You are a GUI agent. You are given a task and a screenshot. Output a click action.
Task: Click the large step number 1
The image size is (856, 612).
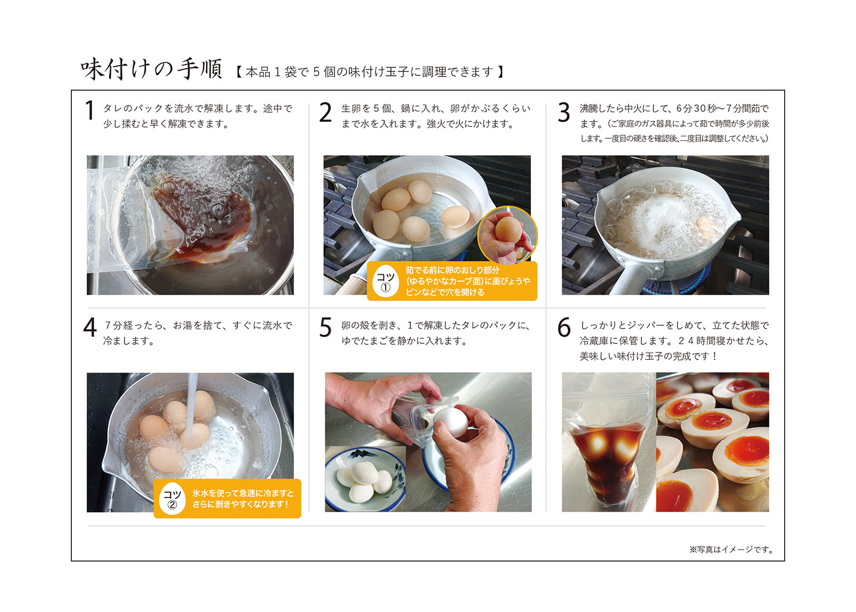90,111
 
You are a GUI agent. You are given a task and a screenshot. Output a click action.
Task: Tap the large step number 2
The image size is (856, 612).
325,112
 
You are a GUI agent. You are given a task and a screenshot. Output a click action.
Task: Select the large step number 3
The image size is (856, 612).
564,112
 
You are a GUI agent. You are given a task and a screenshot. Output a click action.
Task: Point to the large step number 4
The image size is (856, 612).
90,327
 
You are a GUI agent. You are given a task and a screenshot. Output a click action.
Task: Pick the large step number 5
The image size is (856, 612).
325,327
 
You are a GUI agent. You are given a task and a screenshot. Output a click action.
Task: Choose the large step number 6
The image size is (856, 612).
564,327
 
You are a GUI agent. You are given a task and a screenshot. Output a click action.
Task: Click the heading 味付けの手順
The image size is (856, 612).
151,69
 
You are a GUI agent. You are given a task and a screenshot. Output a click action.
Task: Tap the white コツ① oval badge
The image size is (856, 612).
386,281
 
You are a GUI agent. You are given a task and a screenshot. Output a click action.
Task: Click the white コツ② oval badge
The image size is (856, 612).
172,499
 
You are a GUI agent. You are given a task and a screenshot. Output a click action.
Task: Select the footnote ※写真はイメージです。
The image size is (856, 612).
732,549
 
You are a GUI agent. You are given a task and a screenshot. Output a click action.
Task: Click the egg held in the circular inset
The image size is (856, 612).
508,229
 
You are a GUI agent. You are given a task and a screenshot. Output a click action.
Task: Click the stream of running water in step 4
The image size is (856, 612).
191,405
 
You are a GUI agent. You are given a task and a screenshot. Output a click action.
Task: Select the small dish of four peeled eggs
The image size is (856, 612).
365,480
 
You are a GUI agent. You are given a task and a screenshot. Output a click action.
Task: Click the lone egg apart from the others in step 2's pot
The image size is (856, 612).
455,217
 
